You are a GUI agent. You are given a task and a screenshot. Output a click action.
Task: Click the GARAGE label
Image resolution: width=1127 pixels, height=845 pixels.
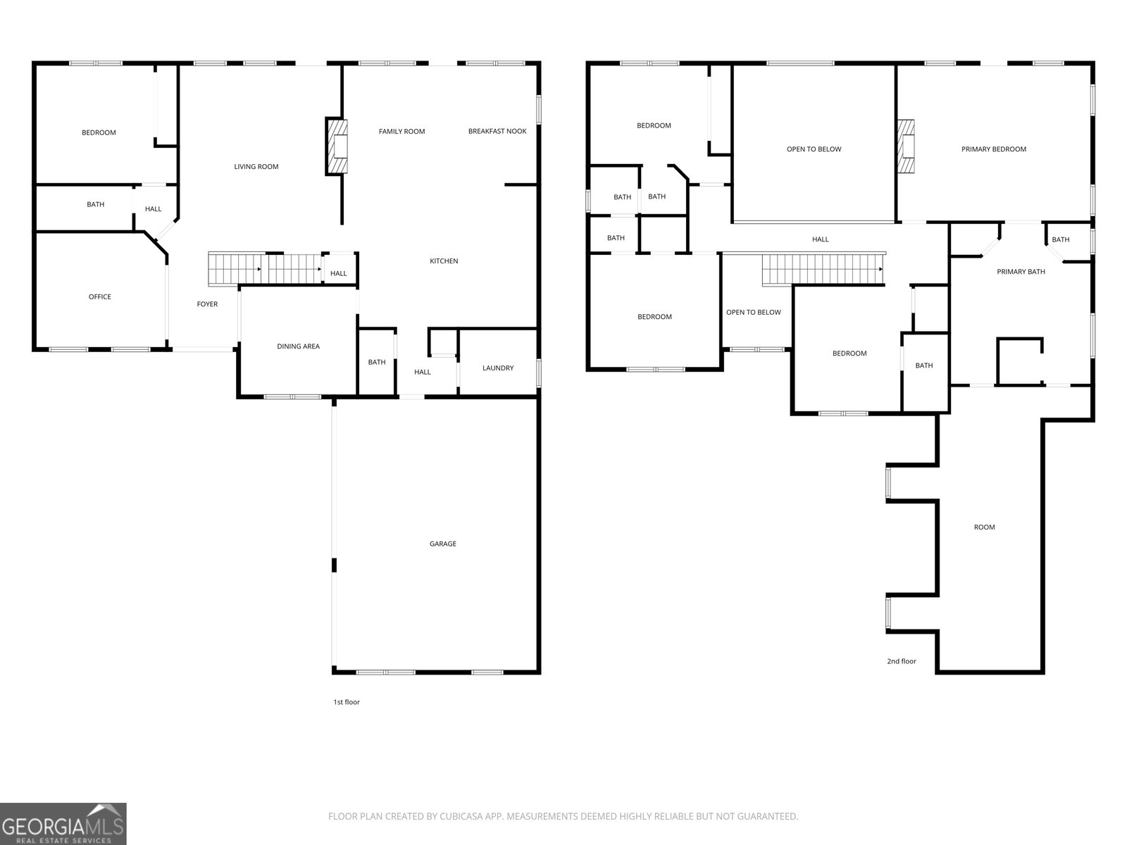442,544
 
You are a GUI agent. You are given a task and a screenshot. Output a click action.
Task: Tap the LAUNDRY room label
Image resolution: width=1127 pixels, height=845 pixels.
497,368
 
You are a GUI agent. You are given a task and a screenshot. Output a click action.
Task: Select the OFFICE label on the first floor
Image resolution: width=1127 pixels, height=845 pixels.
99,296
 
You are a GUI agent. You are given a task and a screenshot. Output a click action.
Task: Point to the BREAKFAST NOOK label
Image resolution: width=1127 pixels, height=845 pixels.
497,132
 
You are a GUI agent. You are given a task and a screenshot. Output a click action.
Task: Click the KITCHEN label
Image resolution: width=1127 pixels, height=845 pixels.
444,261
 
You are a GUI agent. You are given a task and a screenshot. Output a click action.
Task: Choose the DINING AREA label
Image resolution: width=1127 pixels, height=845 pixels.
299,346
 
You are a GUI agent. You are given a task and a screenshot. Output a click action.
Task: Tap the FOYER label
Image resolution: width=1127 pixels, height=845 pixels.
207,304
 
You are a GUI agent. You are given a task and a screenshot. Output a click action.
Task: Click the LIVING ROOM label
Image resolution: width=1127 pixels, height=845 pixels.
256,167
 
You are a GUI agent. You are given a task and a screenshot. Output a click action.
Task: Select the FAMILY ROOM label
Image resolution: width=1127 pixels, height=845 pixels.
401,132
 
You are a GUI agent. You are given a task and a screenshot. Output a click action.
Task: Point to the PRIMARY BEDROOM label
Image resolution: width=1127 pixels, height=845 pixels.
993,149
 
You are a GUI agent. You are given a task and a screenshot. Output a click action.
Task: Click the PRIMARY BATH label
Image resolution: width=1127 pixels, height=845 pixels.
1021,272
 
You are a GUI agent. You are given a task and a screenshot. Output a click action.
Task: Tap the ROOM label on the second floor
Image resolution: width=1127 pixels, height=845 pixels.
984,527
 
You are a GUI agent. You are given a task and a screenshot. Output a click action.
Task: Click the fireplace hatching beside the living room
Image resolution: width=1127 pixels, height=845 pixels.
337,146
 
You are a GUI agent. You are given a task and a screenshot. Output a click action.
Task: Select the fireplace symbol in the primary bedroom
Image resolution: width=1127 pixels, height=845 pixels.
907,146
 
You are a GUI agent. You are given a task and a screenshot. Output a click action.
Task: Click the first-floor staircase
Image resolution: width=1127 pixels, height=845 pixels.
265,269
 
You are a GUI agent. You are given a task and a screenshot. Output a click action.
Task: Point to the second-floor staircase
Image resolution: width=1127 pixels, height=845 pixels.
823,269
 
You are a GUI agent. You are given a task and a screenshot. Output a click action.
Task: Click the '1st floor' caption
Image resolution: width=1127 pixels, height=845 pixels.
347,702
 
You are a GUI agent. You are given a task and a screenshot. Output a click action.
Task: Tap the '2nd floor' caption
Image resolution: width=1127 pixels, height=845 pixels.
901,661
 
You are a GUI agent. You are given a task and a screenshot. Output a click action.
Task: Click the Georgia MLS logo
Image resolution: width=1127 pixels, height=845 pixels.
63,824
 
